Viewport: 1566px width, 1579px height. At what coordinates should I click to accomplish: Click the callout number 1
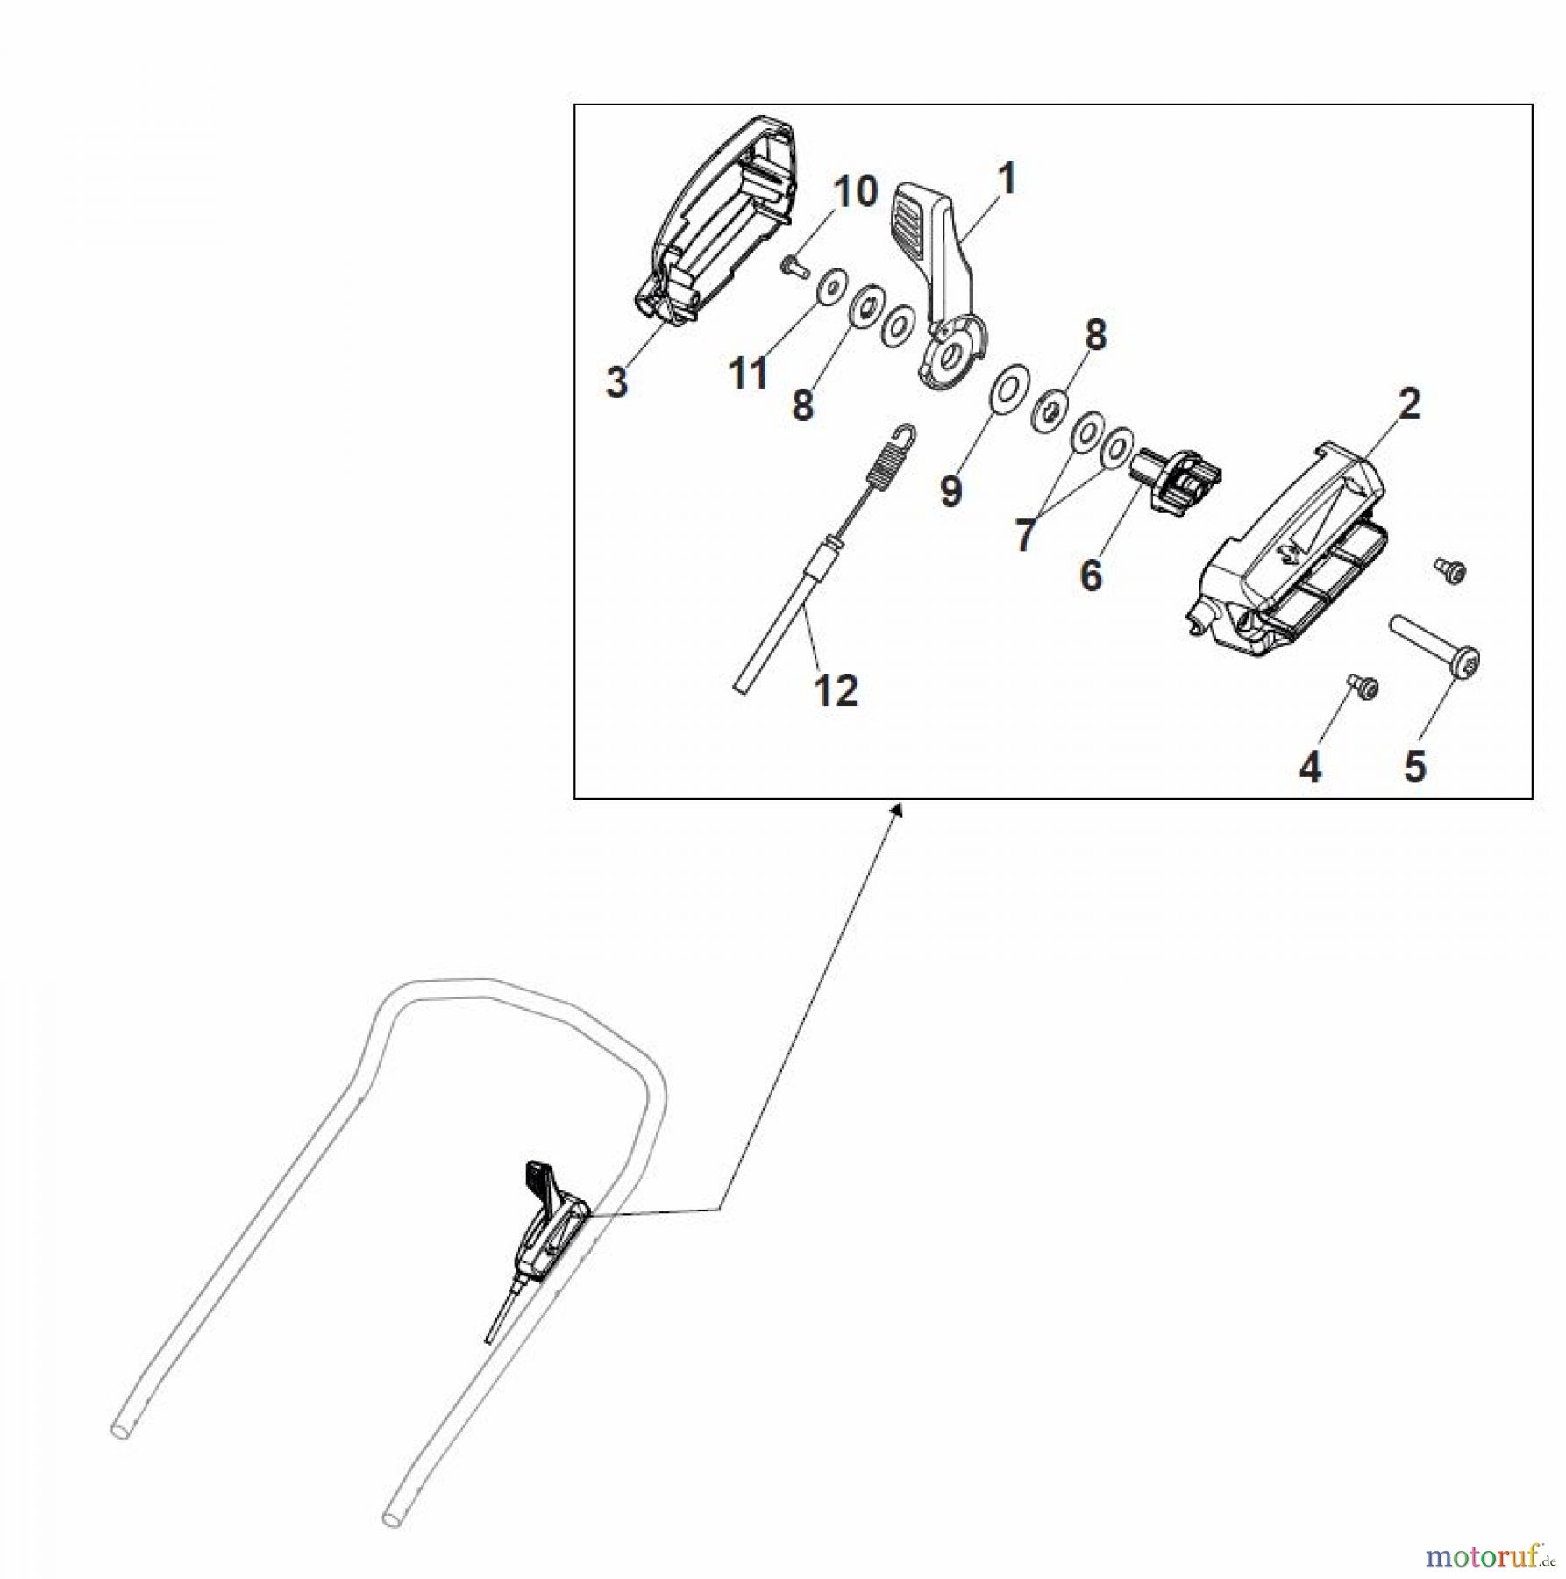point(1007,179)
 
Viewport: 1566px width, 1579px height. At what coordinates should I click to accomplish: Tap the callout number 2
point(1409,404)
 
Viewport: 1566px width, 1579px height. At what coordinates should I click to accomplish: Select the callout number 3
point(616,382)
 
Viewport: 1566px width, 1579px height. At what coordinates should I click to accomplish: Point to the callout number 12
point(836,691)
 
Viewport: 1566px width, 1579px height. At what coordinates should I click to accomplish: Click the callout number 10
point(855,191)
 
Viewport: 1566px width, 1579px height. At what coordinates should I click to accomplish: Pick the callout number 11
point(748,374)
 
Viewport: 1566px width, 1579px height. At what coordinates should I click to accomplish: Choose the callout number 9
point(951,490)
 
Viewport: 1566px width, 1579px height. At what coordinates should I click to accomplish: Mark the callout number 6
point(1091,576)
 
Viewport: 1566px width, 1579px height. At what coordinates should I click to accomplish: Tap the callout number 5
point(1415,766)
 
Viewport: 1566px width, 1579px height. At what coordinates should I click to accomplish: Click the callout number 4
point(1310,768)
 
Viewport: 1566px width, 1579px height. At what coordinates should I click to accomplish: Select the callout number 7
point(1024,534)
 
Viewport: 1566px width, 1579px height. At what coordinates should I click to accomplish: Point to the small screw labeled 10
point(794,264)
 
